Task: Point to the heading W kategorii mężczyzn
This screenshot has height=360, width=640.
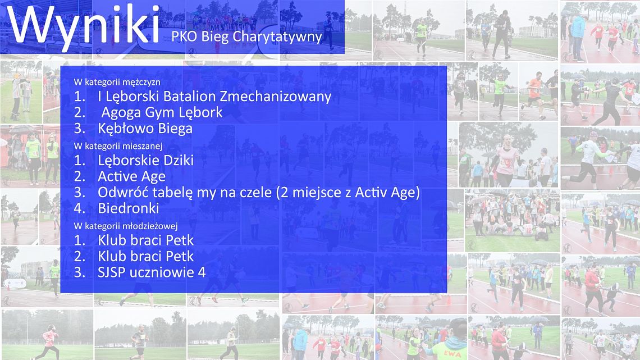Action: (x=117, y=82)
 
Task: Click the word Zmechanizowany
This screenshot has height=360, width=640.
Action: (x=276, y=97)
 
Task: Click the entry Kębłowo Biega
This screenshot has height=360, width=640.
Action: (x=145, y=129)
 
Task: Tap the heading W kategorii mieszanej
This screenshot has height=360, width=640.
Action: (x=118, y=145)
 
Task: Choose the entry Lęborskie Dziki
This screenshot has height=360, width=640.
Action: (x=146, y=161)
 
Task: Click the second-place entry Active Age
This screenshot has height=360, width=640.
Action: (x=131, y=176)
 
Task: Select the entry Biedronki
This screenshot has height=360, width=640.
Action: (x=129, y=208)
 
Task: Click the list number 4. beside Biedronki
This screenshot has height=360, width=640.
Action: (x=80, y=208)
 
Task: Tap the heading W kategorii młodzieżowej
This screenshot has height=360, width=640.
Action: (x=126, y=226)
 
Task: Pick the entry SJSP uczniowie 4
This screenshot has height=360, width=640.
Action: (x=152, y=272)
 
